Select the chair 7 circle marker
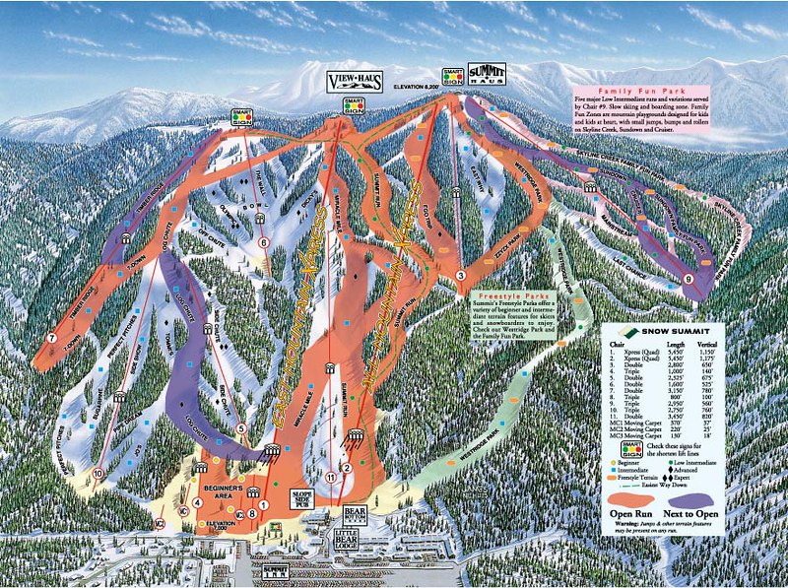pyautogui.click(x=49, y=339)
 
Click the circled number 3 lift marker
pyautogui.click(x=460, y=275)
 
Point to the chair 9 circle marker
pyautogui.click(x=688, y=280)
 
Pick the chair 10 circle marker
pyautogui.click(x=98, y=473)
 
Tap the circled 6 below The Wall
pyautogui.click(x=263, y=241)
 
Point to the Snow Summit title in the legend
pyautogui.click(x=662, y=333)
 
